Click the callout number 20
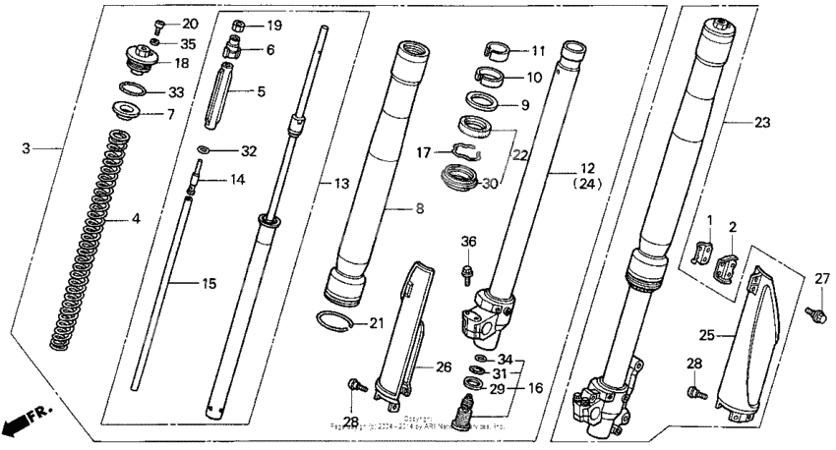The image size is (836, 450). [189, 24]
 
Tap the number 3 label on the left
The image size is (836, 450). [27, 148]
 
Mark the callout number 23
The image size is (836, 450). [763, 123]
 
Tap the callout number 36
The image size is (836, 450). [468, 242]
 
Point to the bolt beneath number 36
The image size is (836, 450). [467, 266]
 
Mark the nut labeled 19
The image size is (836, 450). [239, 25]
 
